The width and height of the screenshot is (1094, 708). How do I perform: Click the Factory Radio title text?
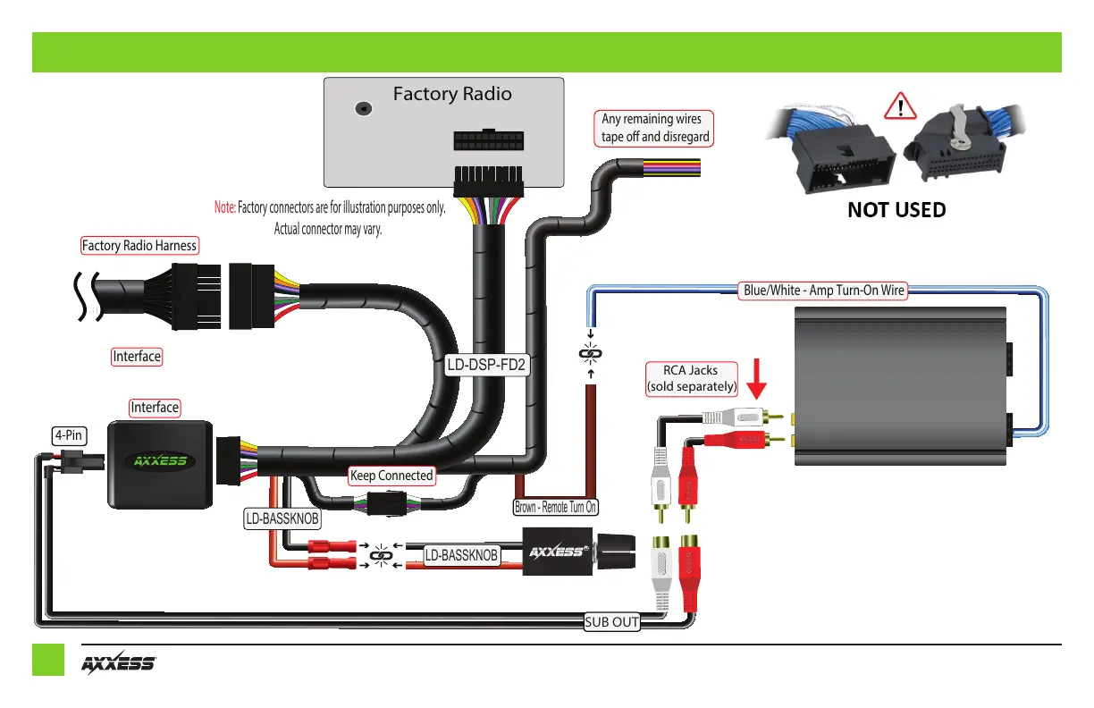pos(452,94)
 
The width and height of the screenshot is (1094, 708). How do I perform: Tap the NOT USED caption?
pos(896,209)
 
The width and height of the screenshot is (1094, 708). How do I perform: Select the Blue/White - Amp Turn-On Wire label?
pos(825,290)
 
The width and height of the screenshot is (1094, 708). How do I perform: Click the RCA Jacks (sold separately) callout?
pos(691,379)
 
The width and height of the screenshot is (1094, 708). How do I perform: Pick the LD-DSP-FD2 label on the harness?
pos(487,365)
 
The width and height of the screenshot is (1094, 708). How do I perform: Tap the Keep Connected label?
pos(391,476)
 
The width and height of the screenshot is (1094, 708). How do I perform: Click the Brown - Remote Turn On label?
pos(555,507)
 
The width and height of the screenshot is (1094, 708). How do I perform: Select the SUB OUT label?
pos(612,622)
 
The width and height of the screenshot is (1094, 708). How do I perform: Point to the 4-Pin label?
pos(69,436)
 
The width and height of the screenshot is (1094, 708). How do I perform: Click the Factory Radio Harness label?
pos(139,245)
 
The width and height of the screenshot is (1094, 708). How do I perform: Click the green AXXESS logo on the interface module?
pos(160,461)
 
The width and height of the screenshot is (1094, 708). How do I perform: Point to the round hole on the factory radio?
pos(363,108)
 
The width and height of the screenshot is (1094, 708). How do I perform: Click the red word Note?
pos(224,207)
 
